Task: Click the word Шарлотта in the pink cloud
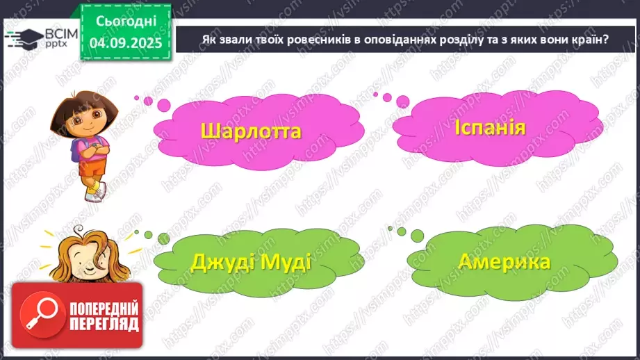(251, 131)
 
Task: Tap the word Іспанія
(491, 128)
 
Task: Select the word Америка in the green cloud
(504, 262)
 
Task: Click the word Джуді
(224, 264)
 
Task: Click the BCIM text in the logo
(49, 32)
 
